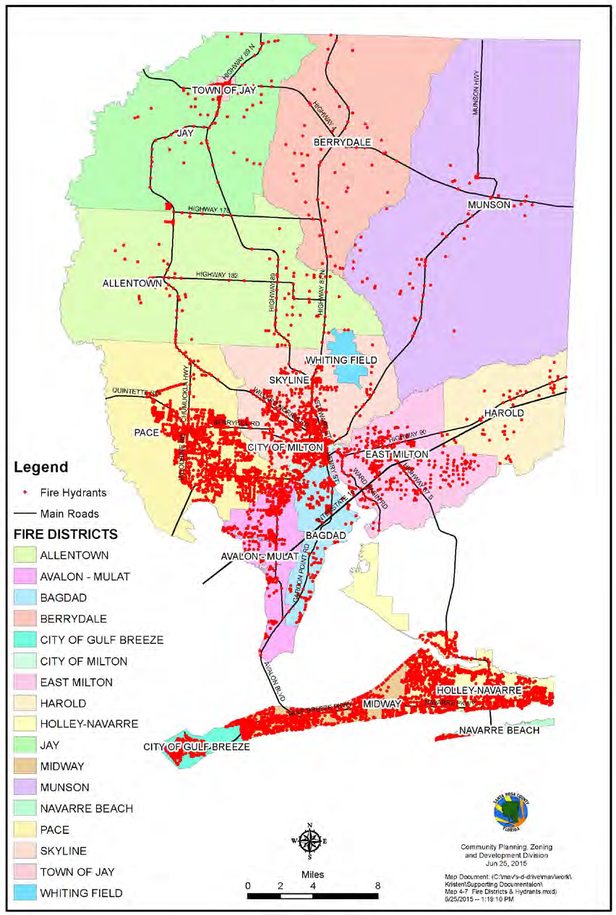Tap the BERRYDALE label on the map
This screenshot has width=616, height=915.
coord(342,142)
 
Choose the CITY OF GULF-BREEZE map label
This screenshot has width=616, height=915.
coord(196,746)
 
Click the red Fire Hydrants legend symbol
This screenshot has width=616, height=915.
coord(25,493)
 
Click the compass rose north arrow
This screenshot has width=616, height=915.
coord(309,841)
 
